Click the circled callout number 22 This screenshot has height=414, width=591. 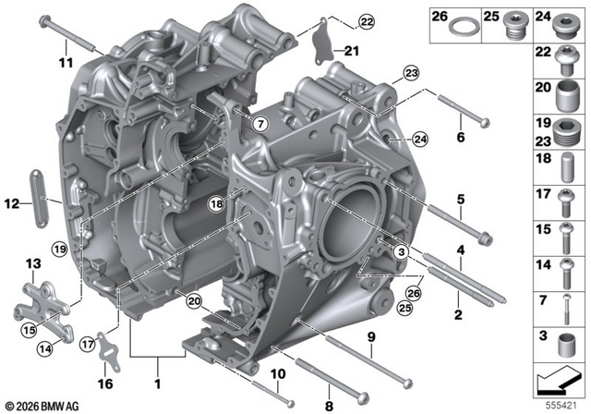pos(367,22)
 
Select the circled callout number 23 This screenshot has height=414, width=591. pos(411,73)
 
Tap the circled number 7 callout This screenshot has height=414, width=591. pos(260,124)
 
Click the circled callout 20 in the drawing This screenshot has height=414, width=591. pos(194,301)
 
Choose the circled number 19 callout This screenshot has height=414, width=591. pos(60,249)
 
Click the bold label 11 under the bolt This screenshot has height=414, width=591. pos(66,62)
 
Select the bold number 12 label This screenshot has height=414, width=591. pos(12,204)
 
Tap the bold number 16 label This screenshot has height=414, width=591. pos(105,384)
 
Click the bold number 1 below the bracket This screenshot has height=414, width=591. pos(158,384)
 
